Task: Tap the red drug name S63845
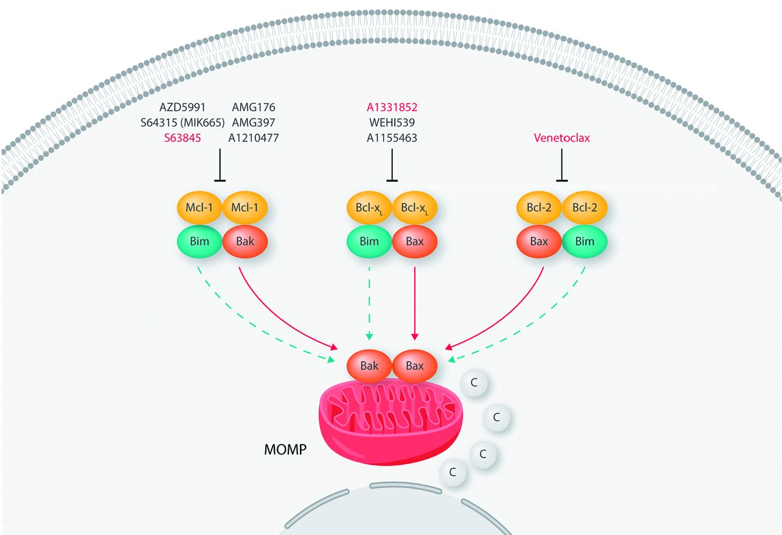coord(185,138)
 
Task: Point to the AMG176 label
coord(254,107)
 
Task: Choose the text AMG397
coord(254,123)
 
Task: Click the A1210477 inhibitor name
coord(254,138)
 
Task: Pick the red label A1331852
coord(392,107)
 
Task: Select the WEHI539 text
coord(392,123)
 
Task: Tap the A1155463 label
coord(392,138)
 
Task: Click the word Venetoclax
coord(561,138)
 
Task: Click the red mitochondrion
coord(391,428)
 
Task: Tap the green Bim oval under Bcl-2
coord(585,241)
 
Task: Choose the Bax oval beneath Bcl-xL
coord(415,241)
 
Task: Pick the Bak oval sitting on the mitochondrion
coord(369,366)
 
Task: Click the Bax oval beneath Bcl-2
coord(539,241)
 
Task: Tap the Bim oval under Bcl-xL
coord(369,241)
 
